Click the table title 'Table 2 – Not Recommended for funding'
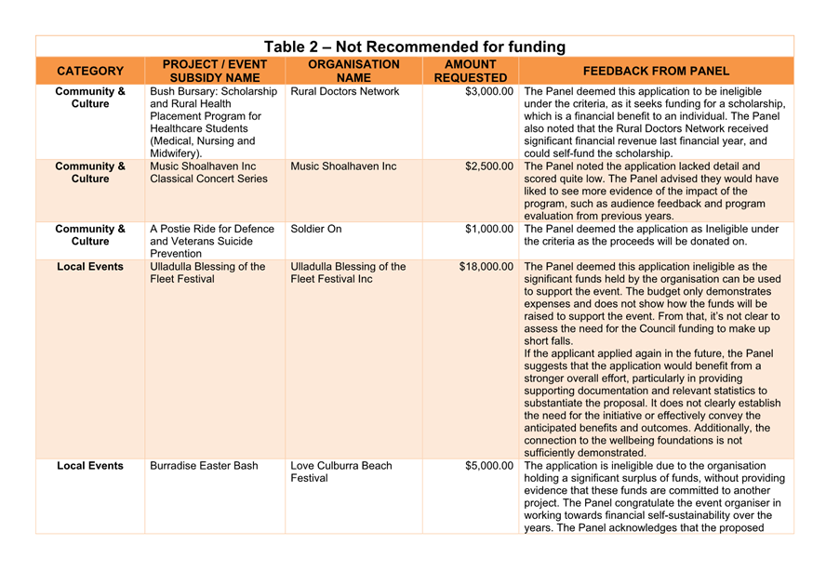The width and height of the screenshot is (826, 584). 414,46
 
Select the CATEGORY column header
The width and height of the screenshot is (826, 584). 90,71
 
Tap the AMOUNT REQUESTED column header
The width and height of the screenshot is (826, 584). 470,71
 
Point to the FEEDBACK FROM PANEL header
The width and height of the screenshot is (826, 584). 656,71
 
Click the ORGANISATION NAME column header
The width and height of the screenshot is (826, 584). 353,71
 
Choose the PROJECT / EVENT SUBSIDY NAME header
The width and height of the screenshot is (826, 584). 215,71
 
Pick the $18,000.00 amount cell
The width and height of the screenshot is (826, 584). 486,267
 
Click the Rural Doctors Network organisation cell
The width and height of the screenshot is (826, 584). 344,92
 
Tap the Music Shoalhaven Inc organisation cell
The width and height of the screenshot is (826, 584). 343,166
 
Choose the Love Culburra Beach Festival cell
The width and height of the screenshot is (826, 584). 340,471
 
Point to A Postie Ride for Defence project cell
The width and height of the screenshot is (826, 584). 212,241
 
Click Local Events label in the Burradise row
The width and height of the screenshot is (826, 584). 90,466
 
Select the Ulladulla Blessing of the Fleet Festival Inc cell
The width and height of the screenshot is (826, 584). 348,272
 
